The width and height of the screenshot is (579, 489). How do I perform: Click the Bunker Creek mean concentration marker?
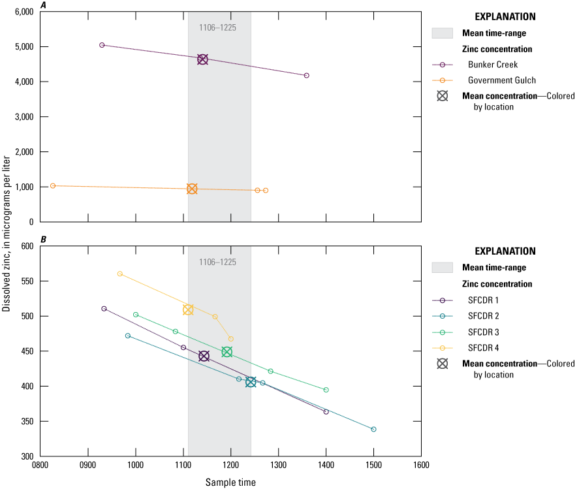202,59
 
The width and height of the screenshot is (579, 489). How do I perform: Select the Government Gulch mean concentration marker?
192,189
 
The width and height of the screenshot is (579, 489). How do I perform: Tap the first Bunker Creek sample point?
102,45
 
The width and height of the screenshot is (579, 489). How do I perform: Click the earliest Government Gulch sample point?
53,185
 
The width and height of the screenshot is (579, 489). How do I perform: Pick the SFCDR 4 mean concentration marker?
188,309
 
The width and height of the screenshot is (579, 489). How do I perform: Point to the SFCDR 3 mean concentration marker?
227,352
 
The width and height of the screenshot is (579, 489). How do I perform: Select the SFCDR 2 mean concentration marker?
251,382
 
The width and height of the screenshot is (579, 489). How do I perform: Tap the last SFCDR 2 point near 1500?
373,429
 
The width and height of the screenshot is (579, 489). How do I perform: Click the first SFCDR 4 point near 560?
119,274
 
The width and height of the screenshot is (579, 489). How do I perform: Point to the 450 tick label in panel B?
27,351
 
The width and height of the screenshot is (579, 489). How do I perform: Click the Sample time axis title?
230,482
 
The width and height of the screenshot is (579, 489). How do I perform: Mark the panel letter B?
43,240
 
